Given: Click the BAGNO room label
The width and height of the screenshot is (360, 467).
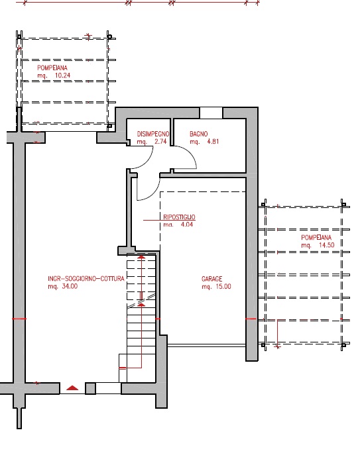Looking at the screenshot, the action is coord(198,134).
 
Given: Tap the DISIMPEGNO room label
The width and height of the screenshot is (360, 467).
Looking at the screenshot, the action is coord(153,134).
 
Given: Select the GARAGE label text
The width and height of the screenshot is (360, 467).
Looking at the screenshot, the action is coord(212,279).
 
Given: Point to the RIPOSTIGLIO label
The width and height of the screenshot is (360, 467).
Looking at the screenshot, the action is coord(179,217).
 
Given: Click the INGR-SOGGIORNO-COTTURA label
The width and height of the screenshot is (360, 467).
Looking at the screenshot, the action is coord(86,279).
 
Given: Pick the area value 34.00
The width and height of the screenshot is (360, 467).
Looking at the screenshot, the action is coord(70,287).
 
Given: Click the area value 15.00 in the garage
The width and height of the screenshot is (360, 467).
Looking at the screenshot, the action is coord(223,287).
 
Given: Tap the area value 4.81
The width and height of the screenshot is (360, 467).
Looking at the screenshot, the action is coord(213,142).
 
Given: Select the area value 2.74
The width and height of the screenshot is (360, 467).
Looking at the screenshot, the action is coord(160,142).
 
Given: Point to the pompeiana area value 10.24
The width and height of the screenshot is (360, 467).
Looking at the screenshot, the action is coord(62,76).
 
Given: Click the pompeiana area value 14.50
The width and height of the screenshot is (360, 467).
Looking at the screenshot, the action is coord(327,245).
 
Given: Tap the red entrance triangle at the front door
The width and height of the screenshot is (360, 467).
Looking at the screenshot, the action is coord(72,388).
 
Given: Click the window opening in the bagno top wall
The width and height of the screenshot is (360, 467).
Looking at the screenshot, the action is coord(211,113).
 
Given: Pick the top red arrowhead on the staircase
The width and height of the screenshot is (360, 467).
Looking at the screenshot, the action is coord(141,257).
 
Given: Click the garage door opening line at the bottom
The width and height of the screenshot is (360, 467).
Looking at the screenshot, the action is coord(207,346).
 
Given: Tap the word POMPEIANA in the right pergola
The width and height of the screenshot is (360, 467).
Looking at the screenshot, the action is coord(316,238).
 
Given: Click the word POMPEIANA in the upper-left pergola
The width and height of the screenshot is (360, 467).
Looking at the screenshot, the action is coord(52,68).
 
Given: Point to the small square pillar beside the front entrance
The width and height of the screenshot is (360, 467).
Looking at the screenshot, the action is coord(90,389).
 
